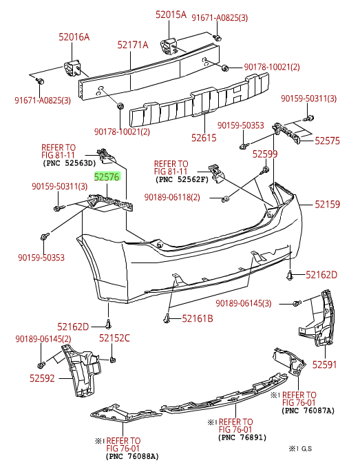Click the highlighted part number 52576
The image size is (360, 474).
click(x=107, y=177)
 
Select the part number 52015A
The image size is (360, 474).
click(x=170, y=14)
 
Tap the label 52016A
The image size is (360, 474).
click(x=74, y=38)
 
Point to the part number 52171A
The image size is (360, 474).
click(x=132, y=45)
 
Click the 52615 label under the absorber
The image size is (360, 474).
click(x=204, y=138)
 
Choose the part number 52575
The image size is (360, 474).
click(x=327, y=141)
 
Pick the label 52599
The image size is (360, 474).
click(x=264, y=154)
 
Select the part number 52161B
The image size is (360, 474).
click(x=197, y=318)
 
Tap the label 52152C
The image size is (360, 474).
click(x=114, y=338)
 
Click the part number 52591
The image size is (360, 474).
click(x=325, y=364)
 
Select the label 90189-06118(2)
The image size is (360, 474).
click(x=172, y=198)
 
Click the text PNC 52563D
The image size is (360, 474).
click(x=70, y=164)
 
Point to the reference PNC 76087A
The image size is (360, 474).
click(x=308, y=411)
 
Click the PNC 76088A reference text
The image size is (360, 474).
click(x=132, y=456)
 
